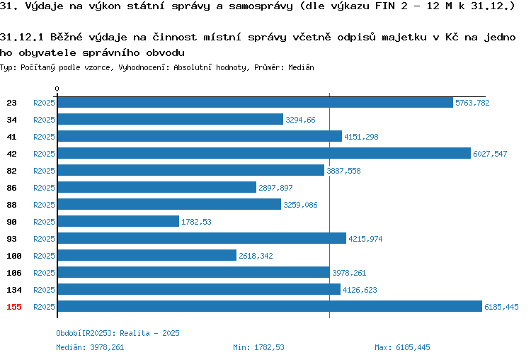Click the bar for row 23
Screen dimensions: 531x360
tap(256, 102)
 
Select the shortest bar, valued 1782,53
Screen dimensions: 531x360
tap(118, 221)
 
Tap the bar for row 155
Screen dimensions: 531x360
tap(270, 306)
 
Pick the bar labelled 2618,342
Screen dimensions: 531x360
tap(147, 255)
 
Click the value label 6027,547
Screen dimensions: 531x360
tap(490, 154)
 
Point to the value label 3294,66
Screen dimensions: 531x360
tap(300, 120)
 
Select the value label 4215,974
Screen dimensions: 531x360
tap(365, 239)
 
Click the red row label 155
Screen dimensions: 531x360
tap(14, 307)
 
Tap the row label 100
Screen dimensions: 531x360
tap(14, 256)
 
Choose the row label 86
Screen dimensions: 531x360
tap(11, 188)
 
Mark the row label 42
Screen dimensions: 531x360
tap(11, 154)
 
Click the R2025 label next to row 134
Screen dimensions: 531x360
tap(44, 290)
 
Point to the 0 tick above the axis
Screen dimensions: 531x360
tap(57, 89)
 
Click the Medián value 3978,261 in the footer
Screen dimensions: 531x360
tap(107, 347)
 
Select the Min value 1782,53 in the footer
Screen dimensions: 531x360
tap(269, 347)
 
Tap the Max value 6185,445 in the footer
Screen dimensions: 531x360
tap(413, 347)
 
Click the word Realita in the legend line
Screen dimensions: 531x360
tap(135, 333)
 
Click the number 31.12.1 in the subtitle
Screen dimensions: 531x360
tap(22, 37)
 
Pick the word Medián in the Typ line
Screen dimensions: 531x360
tap(301, 67)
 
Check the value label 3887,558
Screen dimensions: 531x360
tap(343, 171)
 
